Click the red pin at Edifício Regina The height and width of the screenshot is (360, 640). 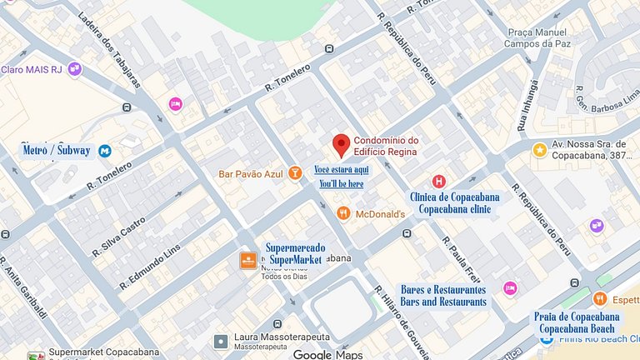click(341, 144)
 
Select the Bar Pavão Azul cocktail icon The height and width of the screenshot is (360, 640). click(294, 174)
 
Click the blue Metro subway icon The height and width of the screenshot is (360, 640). click(105, 151)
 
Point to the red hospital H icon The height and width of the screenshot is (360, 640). click(438, 181)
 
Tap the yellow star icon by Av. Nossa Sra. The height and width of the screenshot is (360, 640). click(539, 151)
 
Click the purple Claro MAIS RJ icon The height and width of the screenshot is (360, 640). click(75, 68)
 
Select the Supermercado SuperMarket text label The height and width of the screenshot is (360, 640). click(293, 253)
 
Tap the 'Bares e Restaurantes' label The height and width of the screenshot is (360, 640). click(443, 295)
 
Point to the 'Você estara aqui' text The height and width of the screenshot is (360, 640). click(341, 169)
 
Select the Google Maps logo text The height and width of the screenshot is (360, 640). click(327, 354)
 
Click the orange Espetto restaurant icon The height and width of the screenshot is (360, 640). click(599, 298)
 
